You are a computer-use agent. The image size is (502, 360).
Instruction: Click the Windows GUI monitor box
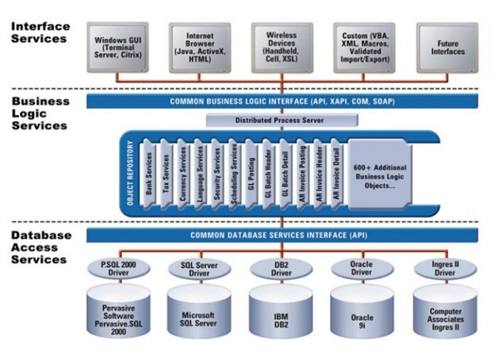119,45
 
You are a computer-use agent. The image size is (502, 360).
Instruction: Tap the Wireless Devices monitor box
282,45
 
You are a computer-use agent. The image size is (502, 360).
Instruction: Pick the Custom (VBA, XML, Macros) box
365,45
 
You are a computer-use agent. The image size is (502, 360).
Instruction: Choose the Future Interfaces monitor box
446,45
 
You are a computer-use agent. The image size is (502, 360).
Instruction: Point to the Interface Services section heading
40,33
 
